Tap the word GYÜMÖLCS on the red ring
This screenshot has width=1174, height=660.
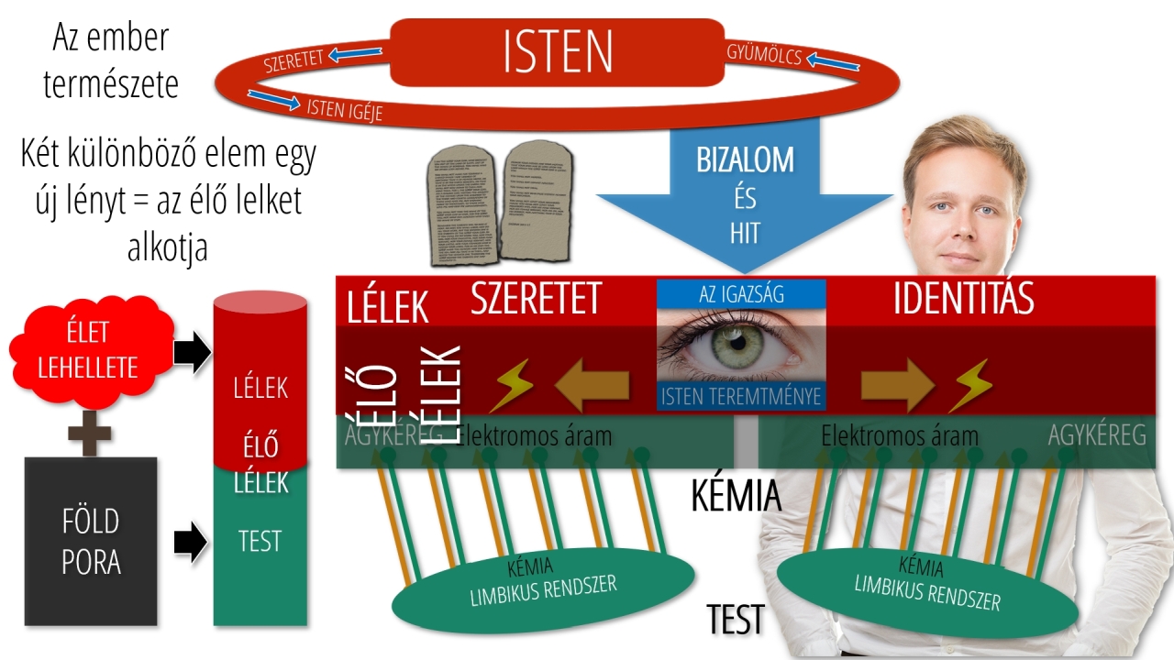click(764, 55)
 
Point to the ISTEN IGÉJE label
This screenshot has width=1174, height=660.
click(344, 109)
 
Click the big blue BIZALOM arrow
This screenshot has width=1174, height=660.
click(745, 192)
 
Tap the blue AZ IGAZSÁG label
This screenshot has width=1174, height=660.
click(741, 293)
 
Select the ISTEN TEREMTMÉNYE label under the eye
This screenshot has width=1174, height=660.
click(741, 397)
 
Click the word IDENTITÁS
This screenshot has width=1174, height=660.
click(963, 299)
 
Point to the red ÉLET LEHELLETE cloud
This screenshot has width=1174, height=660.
click(88, 348)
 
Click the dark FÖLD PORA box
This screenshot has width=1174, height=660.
click(91, 541)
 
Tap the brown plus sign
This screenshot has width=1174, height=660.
click(90, 431)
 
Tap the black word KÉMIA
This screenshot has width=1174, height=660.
click(736, 497)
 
